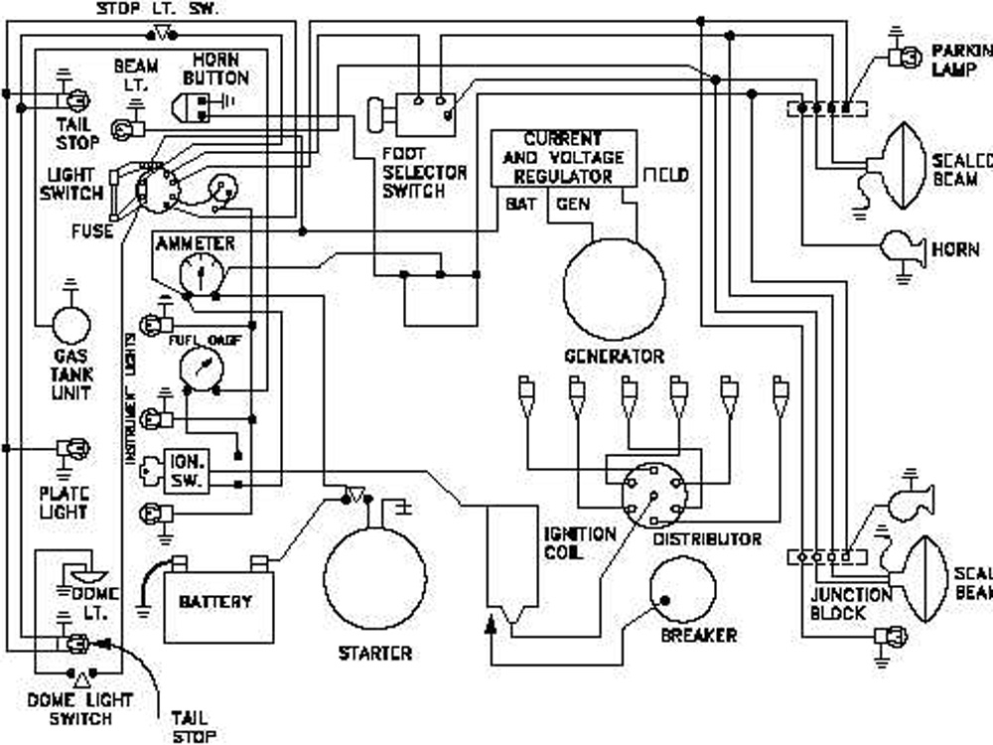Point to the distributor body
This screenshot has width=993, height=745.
pos(652,492)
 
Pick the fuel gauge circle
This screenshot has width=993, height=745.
pos(202,368)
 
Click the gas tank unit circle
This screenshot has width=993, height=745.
pos(71,325)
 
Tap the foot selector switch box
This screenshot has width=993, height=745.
pos(426,113)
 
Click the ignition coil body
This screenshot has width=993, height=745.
pos(511,561)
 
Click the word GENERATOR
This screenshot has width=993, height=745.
pos(614,356)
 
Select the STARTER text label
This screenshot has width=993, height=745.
pos(374,654)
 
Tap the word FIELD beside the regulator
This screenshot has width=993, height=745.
pos(665,176)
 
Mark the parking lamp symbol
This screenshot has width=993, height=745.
pos(904,58)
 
